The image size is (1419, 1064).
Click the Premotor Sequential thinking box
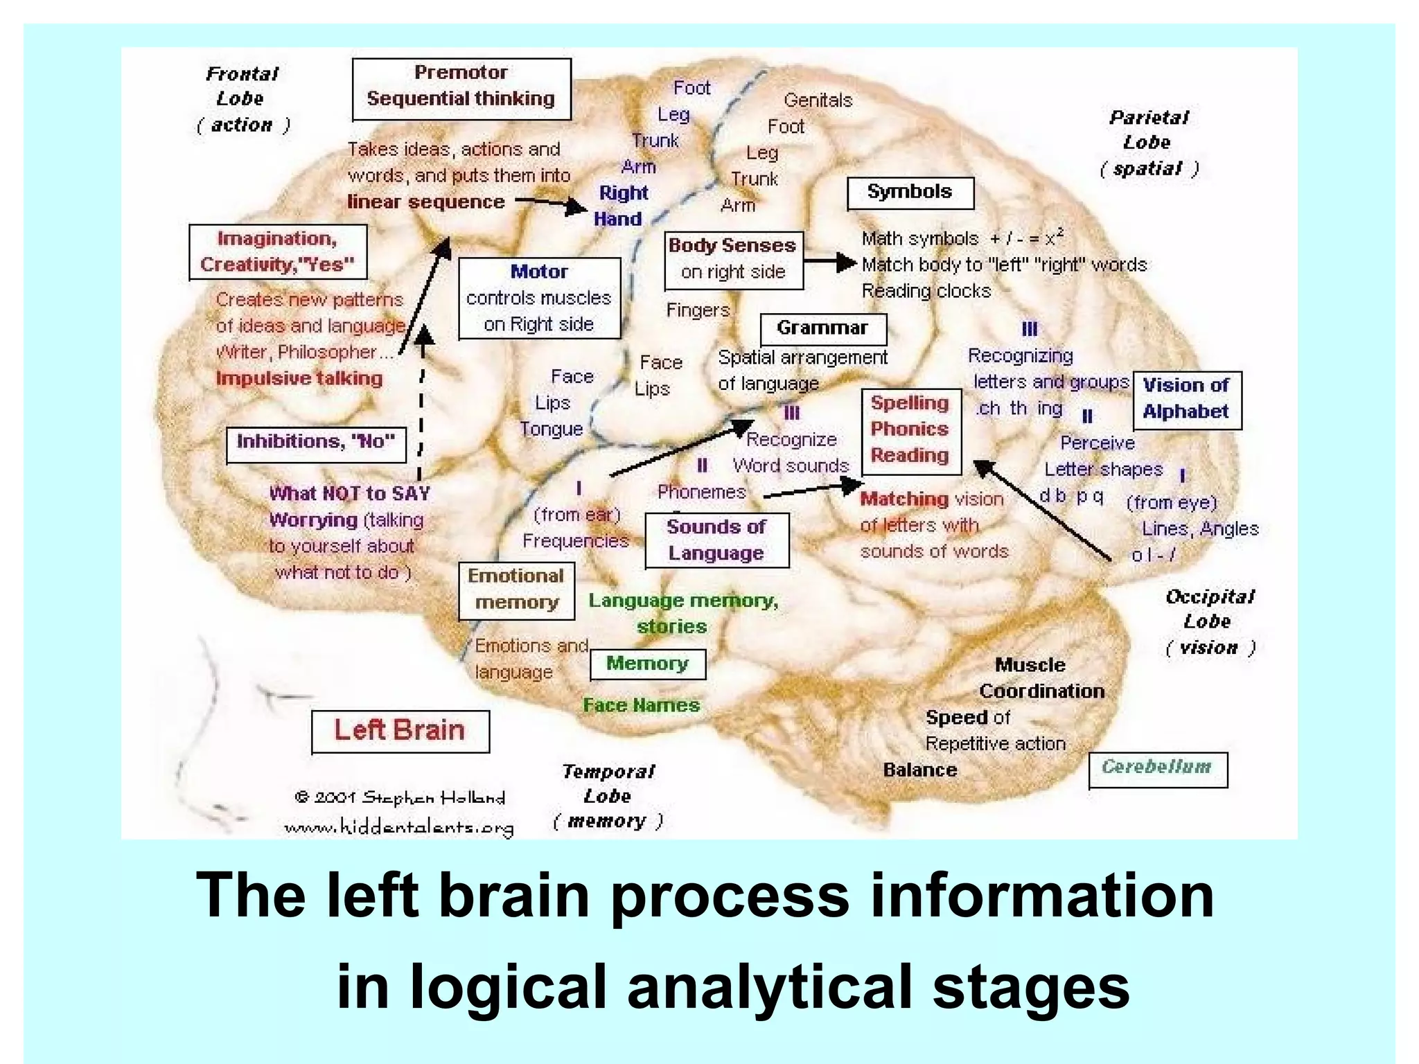461,89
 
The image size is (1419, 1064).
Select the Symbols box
910,193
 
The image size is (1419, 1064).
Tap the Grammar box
822,328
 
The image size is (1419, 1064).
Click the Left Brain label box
400,731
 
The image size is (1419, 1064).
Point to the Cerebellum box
1157,769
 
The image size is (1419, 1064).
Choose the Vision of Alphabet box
1186,400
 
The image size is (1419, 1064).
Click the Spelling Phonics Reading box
910,430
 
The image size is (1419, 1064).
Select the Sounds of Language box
716,540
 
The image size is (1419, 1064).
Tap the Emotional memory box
516,589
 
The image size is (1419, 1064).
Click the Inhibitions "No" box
316,443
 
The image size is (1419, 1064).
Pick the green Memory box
647,664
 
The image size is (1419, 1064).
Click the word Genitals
818,100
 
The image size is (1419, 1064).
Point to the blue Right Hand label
621,206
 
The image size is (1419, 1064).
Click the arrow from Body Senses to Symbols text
830,262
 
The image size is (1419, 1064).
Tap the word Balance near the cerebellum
920,770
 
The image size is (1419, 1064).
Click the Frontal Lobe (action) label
243,100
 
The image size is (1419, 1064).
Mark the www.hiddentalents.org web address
399,827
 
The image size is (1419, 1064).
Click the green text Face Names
641,706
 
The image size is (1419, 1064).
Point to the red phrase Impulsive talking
299,378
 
